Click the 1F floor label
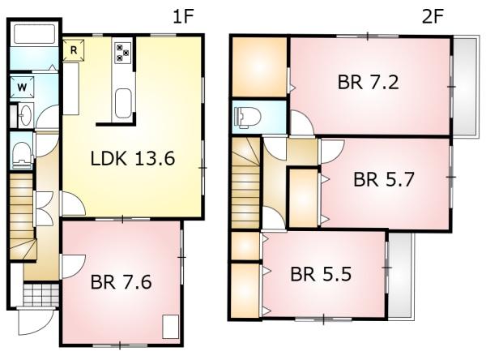pyautogui.click(x=183, y=16)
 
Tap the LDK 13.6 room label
pyautogui.click(x=133, y=158)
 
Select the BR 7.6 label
pyautogui.click(x=122, y=282)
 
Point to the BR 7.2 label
pyautogui.click(x=368, y=82)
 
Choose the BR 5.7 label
pyautogui.click(x=384, y=179)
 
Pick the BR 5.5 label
pyautogui.click(x=321, y=274)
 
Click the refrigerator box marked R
pyautogui.click(x=74, y=49)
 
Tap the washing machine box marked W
pyautogui.click(x=22, y=88)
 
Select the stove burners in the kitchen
pyautogui.click(x=123, y=53)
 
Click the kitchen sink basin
pyautogui.click(x=123, y=103)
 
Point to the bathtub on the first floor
pyautogui.click(x=34, y=33)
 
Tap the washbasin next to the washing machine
pyautogui.click(x=26, y=115)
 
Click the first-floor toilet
pyautogui.click(x=22, y=152)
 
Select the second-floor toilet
pyautogui.click(x=248, y=118)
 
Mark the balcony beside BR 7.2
pyautogui.click(x=465, y=86)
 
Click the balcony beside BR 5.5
pyautogui.click(x=401, y=276)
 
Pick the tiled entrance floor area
pyautogui.click(x=41, y=294)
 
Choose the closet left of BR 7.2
pyautogui.click(x=259, y=67)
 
